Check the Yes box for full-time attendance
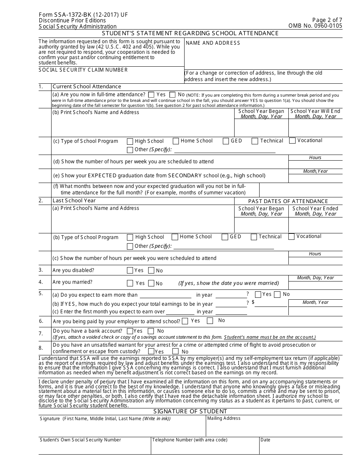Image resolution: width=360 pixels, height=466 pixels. (152, 95)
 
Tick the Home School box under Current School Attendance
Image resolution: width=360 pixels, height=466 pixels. (176, 141)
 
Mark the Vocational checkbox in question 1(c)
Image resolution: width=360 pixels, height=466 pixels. (292, 141)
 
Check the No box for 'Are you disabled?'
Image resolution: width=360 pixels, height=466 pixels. (151, 271)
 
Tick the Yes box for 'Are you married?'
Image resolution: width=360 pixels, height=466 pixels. (130, 283)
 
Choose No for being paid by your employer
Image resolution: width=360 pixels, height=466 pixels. (210, 321)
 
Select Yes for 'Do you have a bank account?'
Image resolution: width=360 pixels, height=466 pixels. (130, 332)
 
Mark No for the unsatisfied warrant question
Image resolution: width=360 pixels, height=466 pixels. (175, 352)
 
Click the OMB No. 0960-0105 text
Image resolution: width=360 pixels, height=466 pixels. (315, 26)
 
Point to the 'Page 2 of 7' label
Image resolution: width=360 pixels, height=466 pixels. (327, 20)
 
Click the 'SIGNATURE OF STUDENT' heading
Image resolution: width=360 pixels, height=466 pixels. (190, 411)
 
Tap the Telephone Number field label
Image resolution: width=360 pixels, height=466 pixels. (190, 440)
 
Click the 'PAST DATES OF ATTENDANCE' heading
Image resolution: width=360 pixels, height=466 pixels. (288, 201)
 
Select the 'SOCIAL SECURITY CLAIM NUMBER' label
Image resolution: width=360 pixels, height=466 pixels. (83, 70)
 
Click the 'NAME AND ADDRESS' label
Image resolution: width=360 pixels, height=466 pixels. (213, 43)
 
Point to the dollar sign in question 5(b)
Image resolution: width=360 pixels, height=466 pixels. (253, 302)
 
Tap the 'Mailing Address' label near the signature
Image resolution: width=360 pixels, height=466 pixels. (224, 418)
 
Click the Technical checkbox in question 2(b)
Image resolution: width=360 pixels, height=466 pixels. (254, 237)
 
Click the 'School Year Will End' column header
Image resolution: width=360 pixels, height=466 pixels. (315, 111)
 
